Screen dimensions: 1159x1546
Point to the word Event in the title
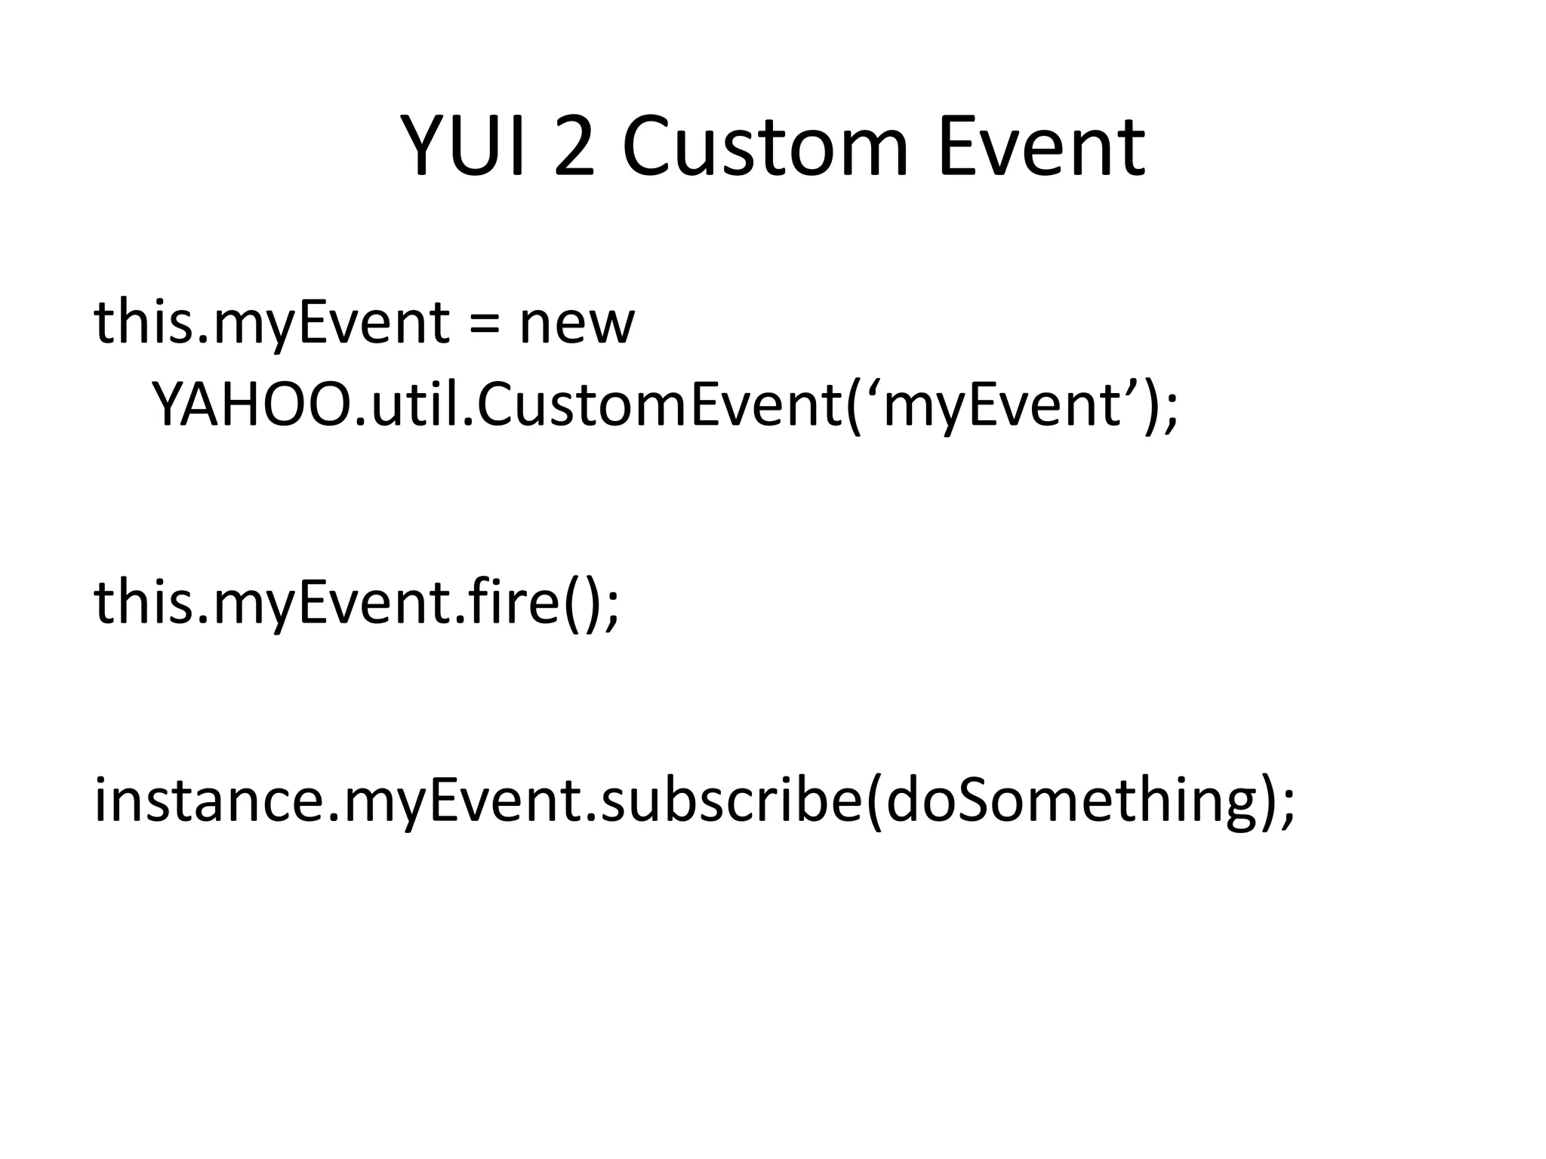1041,146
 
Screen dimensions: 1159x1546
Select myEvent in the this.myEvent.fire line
332,604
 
